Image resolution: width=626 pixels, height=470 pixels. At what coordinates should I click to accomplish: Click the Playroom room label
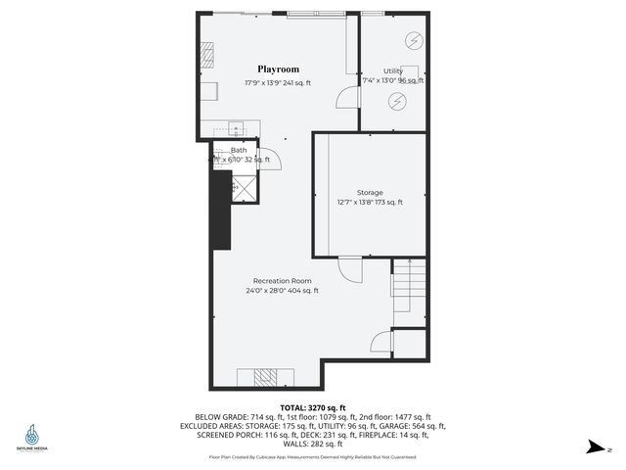(278, 70)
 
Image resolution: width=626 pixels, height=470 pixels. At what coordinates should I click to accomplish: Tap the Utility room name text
(393, 70)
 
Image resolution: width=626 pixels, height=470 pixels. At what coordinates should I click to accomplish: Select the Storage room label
(370, 192)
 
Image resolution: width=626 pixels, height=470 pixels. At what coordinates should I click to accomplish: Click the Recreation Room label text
(281, 280)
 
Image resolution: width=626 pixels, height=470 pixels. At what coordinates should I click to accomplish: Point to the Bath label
(239, 150)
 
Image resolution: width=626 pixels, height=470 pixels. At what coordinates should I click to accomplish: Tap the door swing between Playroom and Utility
(345, 97)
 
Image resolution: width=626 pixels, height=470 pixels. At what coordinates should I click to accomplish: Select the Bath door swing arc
(274, 159)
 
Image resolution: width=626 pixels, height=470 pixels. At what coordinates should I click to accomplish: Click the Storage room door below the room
(350, 267)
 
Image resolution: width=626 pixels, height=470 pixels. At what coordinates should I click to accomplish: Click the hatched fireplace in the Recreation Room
(265, 376)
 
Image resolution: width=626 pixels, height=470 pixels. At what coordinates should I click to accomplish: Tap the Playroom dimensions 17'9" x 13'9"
(278, 83)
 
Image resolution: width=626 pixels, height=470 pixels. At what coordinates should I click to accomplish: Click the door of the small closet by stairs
(380, 342)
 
